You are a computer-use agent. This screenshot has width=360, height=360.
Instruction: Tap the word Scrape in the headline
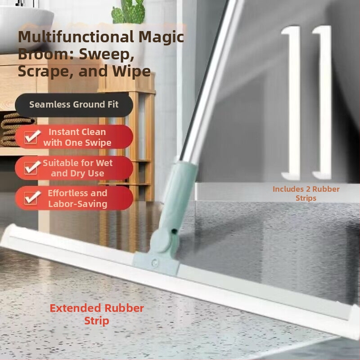tap(46, 71)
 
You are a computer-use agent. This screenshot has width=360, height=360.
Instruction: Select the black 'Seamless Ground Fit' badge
tap(74, 105)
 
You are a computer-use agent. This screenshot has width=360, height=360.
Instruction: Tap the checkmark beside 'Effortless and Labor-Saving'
tap(31, 198)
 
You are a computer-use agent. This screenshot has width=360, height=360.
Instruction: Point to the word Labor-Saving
tap(77, 204)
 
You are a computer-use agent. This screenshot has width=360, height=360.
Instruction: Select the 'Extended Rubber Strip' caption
tap(97, 314)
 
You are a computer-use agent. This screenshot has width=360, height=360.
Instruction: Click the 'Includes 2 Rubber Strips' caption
tap(306, 193)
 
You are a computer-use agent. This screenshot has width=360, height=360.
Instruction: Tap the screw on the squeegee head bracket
tap(154, 262)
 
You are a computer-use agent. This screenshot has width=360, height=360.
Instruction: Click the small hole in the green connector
tap(175, 230)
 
